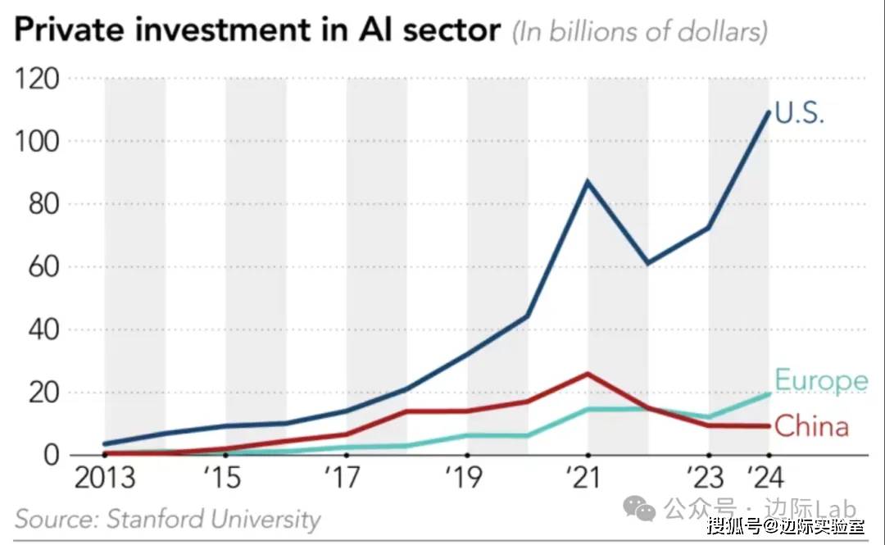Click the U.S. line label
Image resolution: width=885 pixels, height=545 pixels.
[799, 112]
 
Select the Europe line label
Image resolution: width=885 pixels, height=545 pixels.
[820, 380]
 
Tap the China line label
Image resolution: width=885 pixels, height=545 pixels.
[810, 426]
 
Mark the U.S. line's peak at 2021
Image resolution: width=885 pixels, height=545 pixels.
[588, 181]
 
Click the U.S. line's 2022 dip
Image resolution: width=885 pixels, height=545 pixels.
[647, 263]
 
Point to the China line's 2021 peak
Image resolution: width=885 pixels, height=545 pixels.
[588, 374]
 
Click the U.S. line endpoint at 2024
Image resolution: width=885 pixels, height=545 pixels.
[769, 112]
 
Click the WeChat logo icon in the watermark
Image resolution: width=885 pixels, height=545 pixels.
[639, 509]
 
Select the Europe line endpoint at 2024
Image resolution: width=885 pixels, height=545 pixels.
[769, 393]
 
